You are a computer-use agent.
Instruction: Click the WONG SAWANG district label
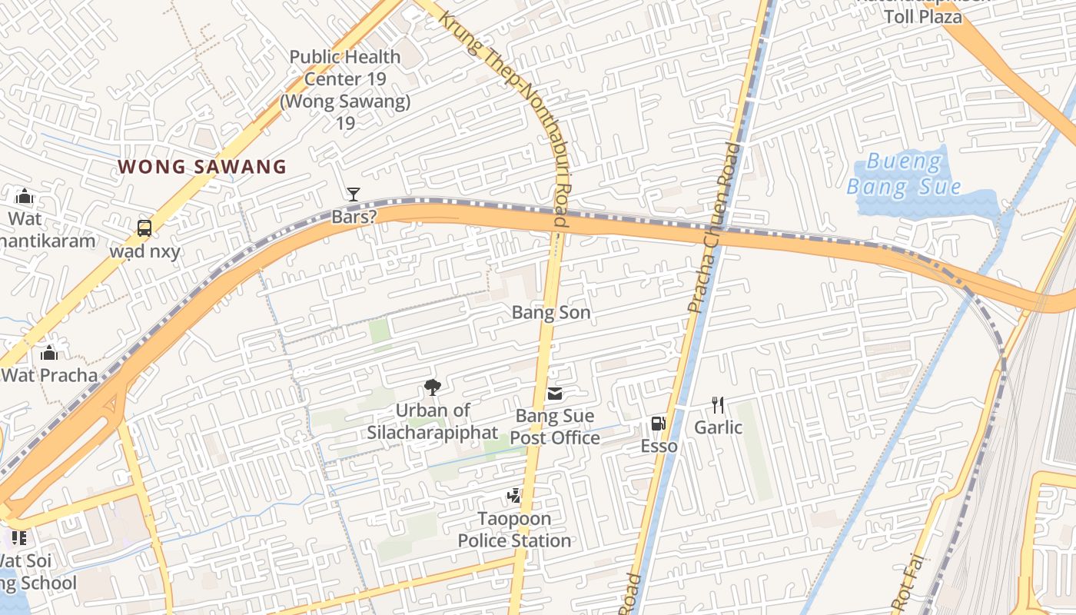pos(202,167)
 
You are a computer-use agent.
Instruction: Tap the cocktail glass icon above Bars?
pos(353,194)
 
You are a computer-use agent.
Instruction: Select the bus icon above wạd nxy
pos(144,228)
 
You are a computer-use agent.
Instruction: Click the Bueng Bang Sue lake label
pos(903,175)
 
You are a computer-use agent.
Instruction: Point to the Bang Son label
pos(551,312)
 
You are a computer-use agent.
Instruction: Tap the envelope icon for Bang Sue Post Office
pos(554,394)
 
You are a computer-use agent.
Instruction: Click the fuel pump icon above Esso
pos(658,424)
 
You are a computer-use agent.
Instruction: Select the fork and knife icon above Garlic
pos(718,404)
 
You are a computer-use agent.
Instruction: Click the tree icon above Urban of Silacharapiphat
pos(432,387)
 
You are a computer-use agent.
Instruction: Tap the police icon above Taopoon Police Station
pos(513,497)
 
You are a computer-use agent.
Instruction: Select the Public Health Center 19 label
pos(345,78)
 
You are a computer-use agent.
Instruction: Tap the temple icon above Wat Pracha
pos(49,353)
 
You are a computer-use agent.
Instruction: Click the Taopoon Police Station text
pos(514,530)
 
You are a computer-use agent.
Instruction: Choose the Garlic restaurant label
pos(718,427)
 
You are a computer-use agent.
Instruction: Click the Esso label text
pos(659,446)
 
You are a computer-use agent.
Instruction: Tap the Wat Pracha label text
pos(49,375)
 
